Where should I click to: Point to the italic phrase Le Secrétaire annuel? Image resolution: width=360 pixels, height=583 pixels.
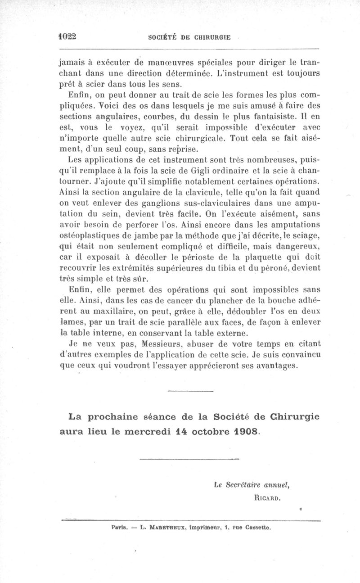click(x=252, y=485)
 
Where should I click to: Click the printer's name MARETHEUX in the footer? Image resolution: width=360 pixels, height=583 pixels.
click(x=165, y=526)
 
